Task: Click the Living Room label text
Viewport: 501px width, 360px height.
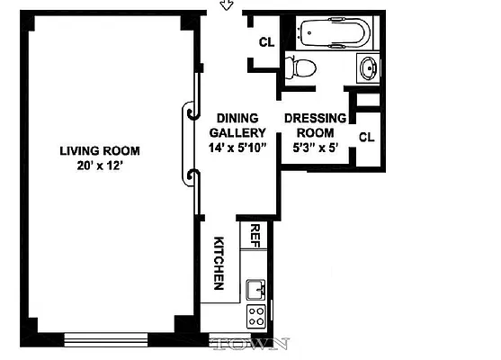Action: (100, 150)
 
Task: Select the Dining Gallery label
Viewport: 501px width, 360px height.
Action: (237, 126)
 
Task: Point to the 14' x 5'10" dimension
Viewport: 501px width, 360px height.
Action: (237, 148)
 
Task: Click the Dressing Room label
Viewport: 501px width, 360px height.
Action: (315, 126)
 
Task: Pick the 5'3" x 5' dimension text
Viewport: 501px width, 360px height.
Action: (315, 148)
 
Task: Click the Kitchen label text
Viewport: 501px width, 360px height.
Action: (219, 263)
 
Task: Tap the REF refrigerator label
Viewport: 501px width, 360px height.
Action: (255, 236)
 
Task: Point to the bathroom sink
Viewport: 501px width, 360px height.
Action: (369, 66)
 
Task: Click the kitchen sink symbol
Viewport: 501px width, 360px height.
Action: (256, 289)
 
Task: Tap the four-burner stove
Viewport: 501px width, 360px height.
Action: (256, 315)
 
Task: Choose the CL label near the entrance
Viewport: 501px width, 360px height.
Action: (266, 42)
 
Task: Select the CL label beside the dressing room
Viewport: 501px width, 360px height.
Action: (366, 137)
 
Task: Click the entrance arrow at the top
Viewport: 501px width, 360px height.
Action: (227, 5)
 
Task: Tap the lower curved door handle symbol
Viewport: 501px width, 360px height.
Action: (191, 175)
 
